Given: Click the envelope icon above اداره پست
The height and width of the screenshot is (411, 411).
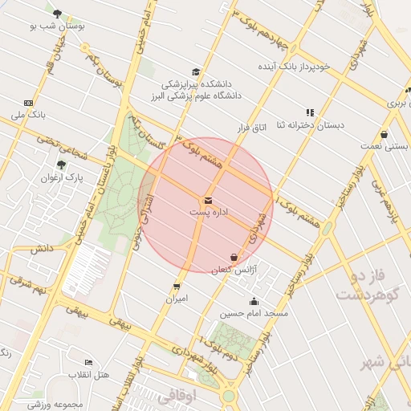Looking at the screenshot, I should pyautogui.click(x=208, y=200).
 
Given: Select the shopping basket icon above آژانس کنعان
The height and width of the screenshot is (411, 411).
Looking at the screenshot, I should pyautogui.click(x=234, y=257).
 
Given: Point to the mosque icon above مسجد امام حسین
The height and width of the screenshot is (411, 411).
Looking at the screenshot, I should pyautogui.click(x=254, y=302).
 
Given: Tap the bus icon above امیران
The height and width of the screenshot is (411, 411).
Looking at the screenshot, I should pyautogui.click(x=177, y=286).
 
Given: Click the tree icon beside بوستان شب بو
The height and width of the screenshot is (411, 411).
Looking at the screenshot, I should pyautogui.click(x=57, y=14).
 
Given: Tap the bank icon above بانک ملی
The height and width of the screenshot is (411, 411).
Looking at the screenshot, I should pyautogui.click(x=28, y=103).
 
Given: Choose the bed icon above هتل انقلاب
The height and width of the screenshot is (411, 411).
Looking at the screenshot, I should pyautogui.click(x=88, y=363).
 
